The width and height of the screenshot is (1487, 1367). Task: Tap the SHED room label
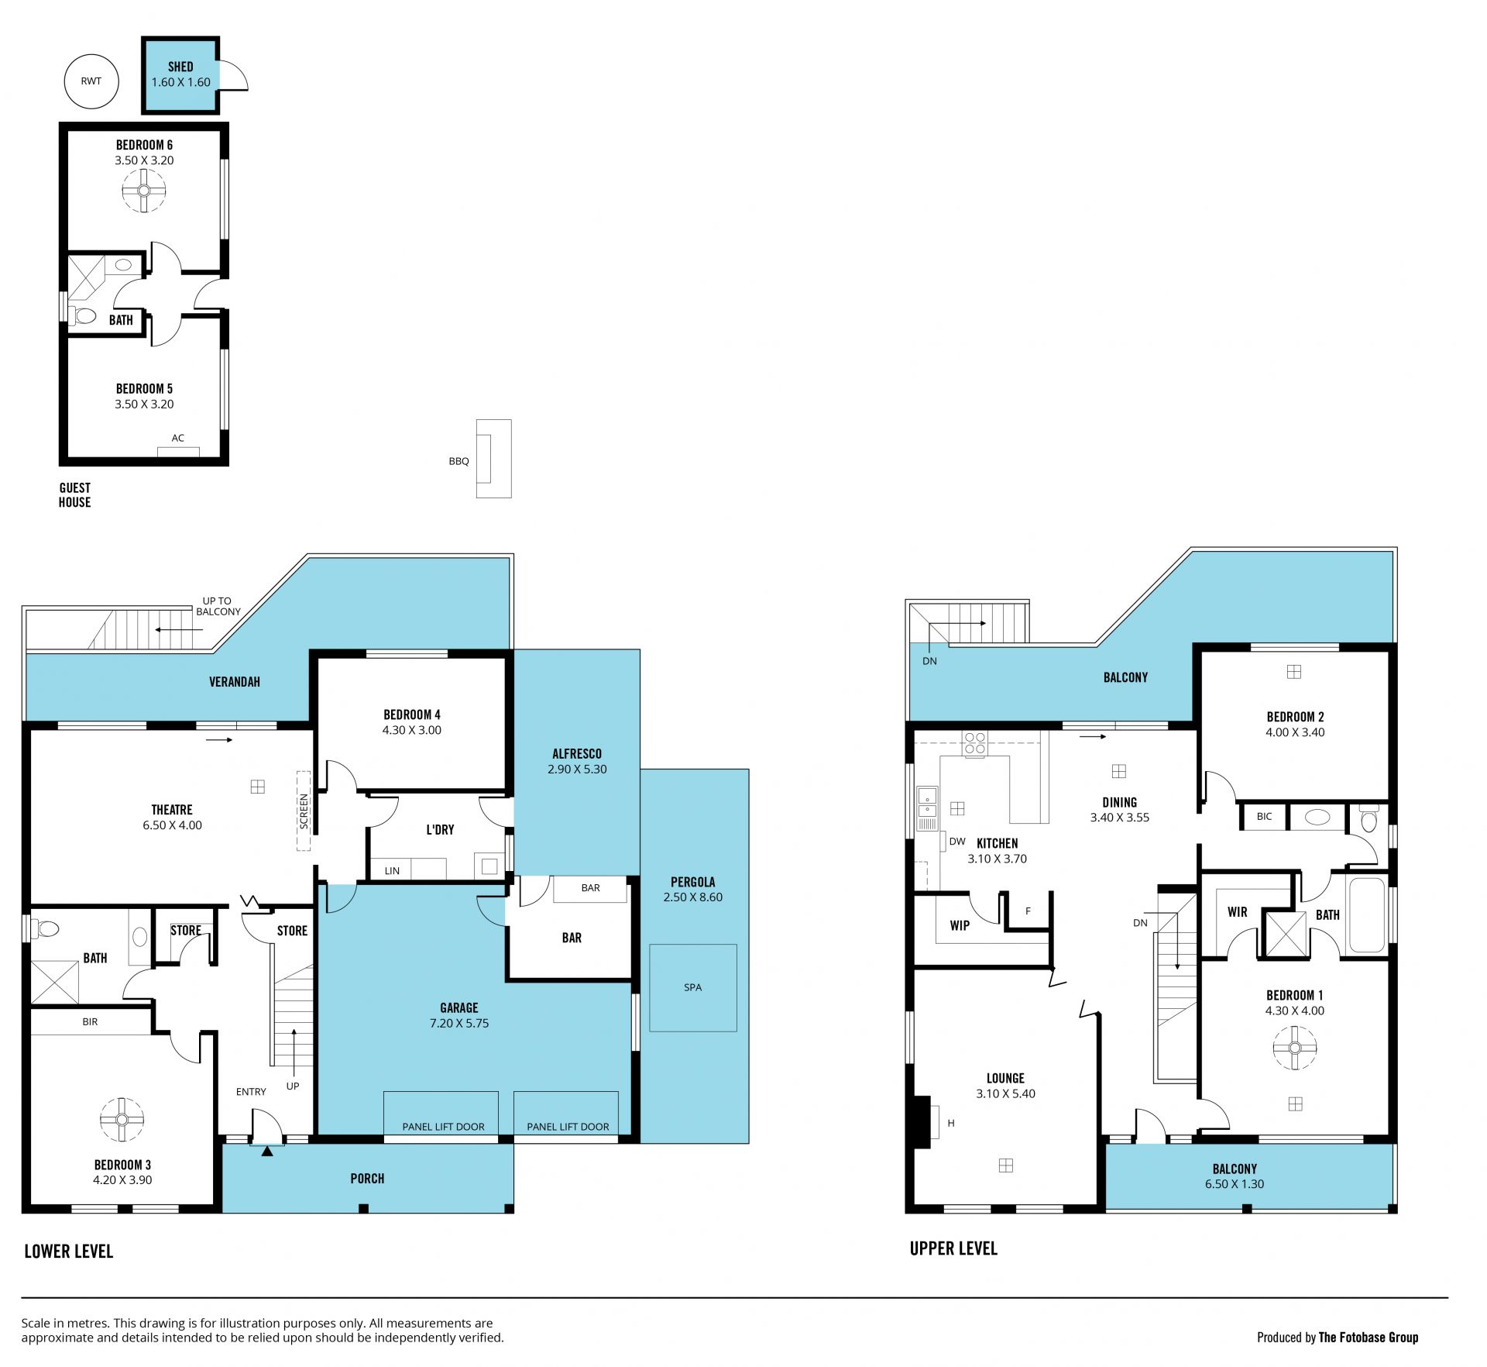coord(180,67)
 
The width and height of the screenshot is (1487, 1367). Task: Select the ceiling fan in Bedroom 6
coord(144,191)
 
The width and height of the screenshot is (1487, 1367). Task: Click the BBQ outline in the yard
coord(493,459)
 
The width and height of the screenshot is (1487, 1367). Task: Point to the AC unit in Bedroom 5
coord(178,452)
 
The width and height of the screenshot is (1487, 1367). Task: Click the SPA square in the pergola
coord(692,987)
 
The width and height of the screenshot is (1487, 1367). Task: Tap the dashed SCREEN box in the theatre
coord(304,811)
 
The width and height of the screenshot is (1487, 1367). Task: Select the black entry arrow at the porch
coord(267,1152)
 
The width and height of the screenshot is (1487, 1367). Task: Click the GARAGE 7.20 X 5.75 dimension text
coord(459,1024)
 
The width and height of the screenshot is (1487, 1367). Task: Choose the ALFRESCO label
coord(577,753)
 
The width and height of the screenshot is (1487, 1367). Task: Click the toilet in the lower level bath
coord(46,928)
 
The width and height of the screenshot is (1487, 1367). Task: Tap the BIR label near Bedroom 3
coord(90,1021)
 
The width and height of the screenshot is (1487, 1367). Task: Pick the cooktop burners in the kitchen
coord(975,744)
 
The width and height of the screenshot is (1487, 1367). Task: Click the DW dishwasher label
coord(957,842)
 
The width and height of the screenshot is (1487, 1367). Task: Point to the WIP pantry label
coord(960,925)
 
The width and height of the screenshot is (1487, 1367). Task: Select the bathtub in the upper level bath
coord(1367,915)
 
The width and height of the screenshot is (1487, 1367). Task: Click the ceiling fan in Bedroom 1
coord(1295,1048)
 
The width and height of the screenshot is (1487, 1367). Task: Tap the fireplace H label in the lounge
coord(951,1123)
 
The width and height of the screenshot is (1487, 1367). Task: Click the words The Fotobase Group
coord(1369,1337)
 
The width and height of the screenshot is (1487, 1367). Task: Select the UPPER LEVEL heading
coord(953,1248)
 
